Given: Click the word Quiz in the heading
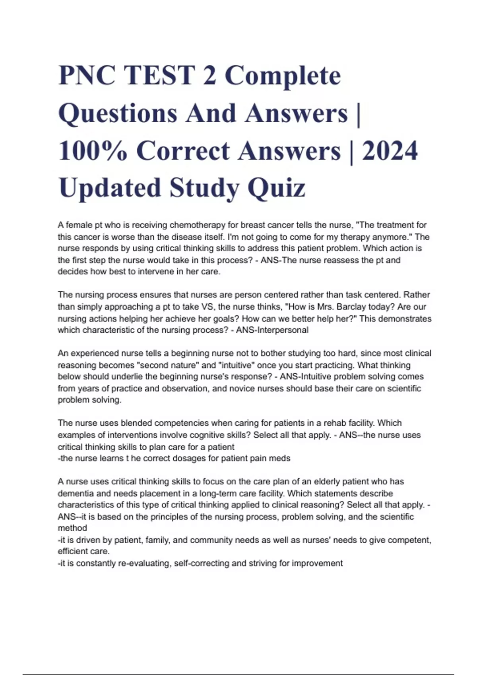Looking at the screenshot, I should [277, 188].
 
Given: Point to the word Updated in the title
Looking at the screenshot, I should [110, 188].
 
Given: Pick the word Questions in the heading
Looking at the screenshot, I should [118, 114].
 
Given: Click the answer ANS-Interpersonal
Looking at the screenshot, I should [272, 330].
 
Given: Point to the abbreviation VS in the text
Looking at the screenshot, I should [209, 307].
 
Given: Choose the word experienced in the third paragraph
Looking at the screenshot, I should [94, 353].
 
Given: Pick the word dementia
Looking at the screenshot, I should [74, 494].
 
